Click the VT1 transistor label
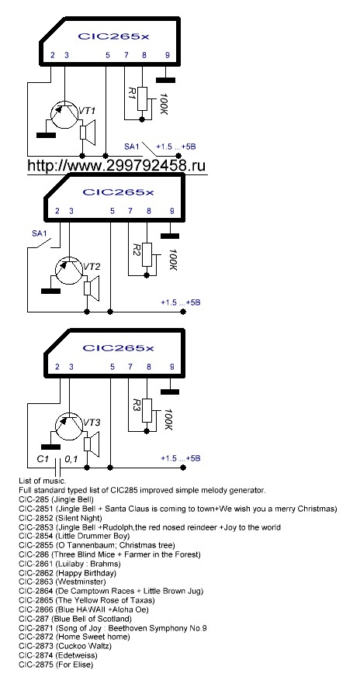tap(87, 110)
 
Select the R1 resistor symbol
tap(143, 98)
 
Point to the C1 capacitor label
tap(43, 460)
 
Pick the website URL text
tap(116, 165)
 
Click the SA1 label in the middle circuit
tap(39, 233)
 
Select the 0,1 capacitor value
tap(71, 460)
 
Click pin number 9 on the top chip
tap(167, 55)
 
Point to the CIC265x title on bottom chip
tap(119, 348)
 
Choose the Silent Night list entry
tap(61, 518)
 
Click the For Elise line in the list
tap(56, 665)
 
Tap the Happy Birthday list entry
tap(67, 573)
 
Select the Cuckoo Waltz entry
tap(65, 646)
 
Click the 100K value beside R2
tap(172, 261)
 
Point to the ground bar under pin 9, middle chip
tap(170, 236)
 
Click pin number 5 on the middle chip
tap(112, 211)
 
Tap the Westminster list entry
tap(62, 582)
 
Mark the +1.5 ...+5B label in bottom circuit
tap(181, 458)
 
